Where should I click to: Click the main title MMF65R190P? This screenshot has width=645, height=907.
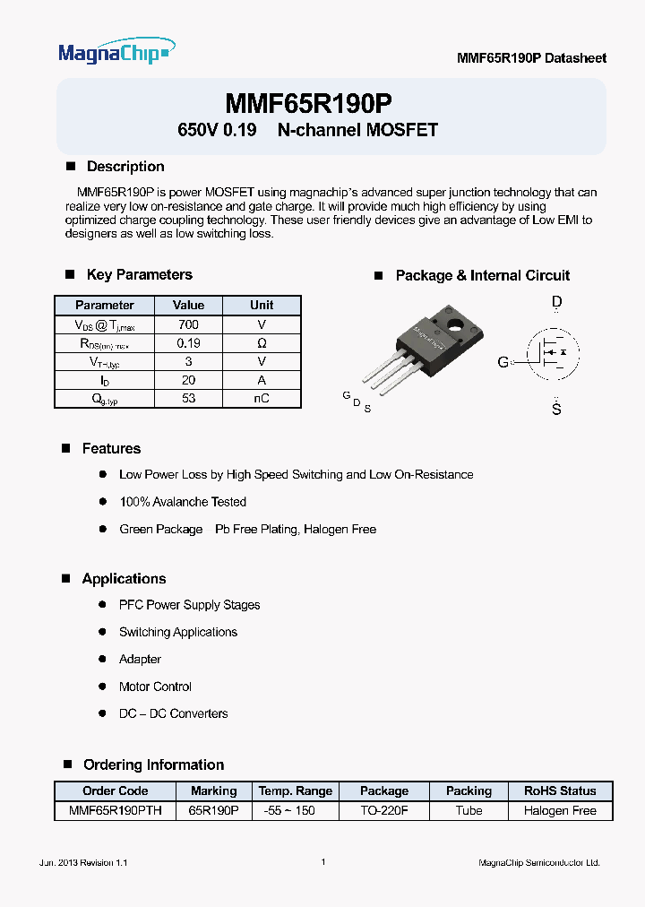tap(308, 103)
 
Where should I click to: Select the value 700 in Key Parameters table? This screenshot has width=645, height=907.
tap(188, 324)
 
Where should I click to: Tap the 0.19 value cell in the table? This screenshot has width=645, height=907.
tap(188, 343)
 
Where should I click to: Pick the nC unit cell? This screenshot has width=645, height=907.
tap(262, 399)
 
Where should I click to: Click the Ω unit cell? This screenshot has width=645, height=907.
tap(262, 343)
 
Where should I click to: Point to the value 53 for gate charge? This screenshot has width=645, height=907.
tap(188, 399)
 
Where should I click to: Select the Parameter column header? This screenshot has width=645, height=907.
tap(104, 305)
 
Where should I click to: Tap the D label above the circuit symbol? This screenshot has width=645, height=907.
tap(556, 303)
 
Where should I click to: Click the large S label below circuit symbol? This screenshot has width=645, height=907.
tap(556, 410)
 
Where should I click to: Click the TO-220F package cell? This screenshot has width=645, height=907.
tap(383, 810)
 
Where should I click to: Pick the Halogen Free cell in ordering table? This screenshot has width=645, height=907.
tap(560, 810)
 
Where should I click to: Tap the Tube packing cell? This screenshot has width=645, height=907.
tap(469, 810)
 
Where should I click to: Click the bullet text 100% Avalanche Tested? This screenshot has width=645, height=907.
tap(183, 502)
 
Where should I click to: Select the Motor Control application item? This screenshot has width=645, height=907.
tap(155, 687)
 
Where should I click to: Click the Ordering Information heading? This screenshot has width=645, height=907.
tap(153, 764)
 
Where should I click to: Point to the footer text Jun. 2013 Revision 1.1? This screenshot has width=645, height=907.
tap(84, 862)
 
